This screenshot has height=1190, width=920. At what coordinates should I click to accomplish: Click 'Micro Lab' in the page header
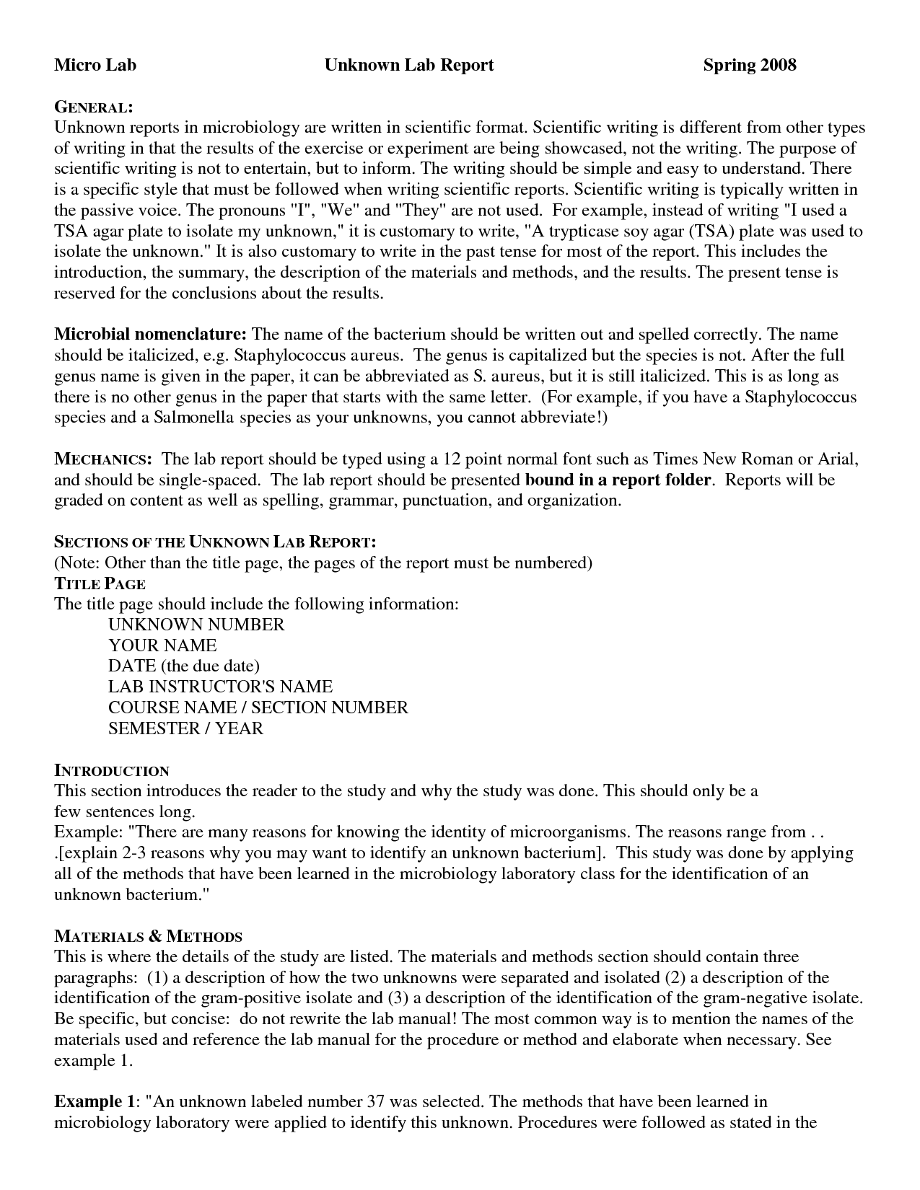pos(95,65)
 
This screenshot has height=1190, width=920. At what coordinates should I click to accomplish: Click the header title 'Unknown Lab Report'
pos(408,65)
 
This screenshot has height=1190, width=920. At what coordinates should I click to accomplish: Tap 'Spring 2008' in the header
pos(749,65)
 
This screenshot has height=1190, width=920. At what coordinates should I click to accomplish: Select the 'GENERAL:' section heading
pos(93,107)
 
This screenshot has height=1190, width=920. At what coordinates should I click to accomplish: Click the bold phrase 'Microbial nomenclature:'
pos(151,335)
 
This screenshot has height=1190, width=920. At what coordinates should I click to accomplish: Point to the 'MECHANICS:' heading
pos(102,459)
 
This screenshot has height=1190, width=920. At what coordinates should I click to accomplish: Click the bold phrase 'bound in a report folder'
pos(618,480)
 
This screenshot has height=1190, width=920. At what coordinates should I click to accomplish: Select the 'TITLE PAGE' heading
pos(100,583)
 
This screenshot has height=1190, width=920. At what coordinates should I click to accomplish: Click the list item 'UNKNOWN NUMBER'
pos(196,625)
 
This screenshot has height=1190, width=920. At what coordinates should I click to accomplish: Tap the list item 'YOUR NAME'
pos(162,645)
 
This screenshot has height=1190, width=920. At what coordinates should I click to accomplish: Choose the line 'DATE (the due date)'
pos(183,666)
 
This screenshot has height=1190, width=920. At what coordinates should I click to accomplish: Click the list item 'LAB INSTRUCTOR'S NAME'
pos(220,687)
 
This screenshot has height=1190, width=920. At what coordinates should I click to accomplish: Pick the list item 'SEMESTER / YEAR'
pos(185,728)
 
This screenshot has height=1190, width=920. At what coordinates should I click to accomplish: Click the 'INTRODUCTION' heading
pos(111,770)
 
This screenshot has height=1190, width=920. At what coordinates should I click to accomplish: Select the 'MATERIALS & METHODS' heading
pos(148,937)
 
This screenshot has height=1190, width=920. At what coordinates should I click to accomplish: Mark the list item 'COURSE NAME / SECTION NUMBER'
pos(258,708)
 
